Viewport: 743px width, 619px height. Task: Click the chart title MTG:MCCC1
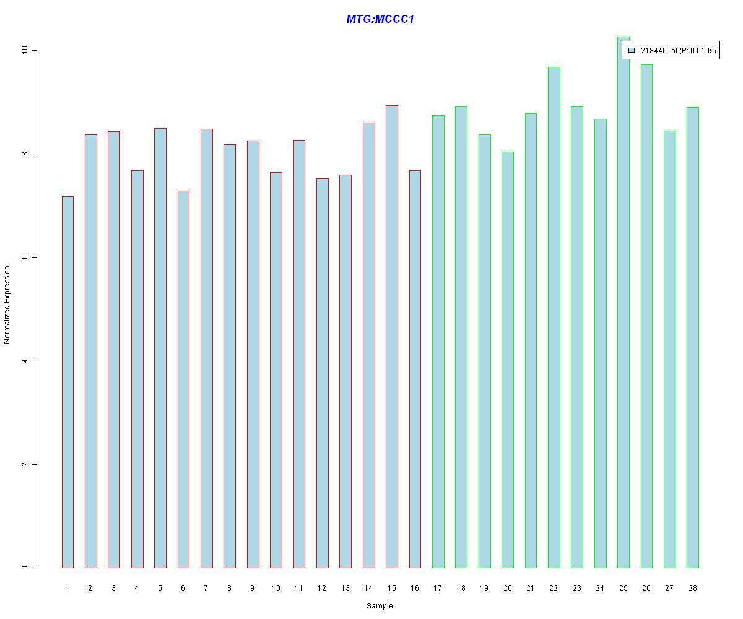(380, 19)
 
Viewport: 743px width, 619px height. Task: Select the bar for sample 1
(67, 382)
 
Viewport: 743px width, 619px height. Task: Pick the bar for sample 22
(554, 317)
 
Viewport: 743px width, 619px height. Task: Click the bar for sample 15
(391, 336)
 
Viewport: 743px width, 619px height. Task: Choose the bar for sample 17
(438, 341)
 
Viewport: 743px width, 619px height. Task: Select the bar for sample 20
(507, 360)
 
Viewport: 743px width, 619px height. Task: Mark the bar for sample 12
(322, 373)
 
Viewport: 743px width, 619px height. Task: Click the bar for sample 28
(692, 337)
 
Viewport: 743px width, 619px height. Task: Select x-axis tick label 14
(368, 587)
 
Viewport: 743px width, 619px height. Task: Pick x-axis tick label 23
(576, 587)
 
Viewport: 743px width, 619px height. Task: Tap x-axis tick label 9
(253, 587)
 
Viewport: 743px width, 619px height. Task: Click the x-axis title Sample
(380, 606)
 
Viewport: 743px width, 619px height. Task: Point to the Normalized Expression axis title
(7, 305)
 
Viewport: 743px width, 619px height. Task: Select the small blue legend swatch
(632, 50)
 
